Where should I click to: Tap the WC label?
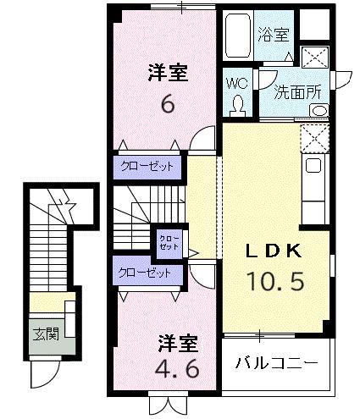coord(235,84)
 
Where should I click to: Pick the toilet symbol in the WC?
coord(238,104)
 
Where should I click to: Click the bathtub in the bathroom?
coord(239,36)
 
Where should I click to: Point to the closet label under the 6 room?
coord(146,166)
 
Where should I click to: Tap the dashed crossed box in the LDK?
coord(313,136)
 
